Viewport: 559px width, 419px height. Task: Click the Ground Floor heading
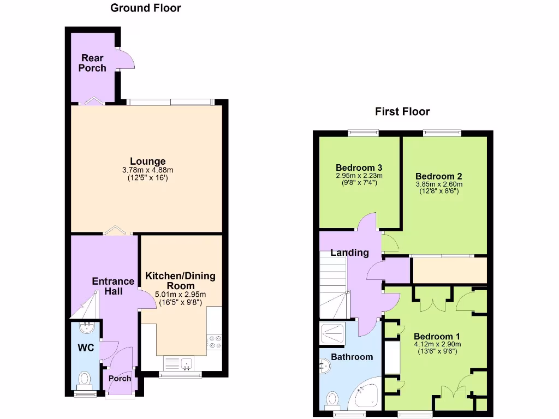(x=145, y=8)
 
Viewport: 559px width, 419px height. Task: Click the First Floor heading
(x=402, y=112)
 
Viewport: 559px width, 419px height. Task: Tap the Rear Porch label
(x=92, y=63)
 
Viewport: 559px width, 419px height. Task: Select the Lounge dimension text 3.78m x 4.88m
(x=147, y=170)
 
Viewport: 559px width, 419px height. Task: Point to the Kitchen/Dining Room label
(x=180, y=281)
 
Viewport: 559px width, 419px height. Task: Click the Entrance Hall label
(x=113, y=286)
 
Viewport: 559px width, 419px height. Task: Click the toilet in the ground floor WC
(x=85, y=378)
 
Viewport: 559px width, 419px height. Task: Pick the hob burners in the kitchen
(x=214, y=342)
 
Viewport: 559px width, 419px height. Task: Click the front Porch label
(x=120, y=379)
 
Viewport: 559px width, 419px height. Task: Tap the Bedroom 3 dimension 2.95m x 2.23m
(x=359, y=176)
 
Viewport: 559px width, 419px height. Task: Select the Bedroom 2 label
(x=438, y=176)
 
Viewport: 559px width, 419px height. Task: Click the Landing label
(x=349, y=253)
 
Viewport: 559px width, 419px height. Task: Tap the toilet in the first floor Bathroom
(x=331, y=400)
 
